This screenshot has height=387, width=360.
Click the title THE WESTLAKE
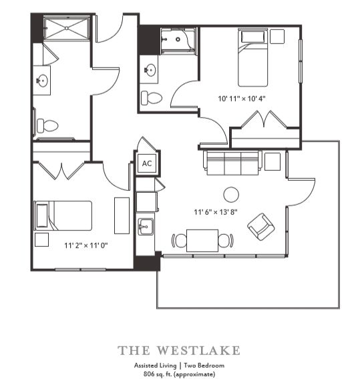179,350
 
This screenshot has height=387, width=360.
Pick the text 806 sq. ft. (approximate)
179,375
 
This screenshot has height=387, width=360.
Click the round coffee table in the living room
231,194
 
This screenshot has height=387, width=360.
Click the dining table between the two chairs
202,240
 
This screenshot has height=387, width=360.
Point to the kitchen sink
144,228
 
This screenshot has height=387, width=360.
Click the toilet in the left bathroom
47,125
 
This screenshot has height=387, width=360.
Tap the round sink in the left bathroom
43,81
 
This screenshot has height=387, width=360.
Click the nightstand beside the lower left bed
42,240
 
